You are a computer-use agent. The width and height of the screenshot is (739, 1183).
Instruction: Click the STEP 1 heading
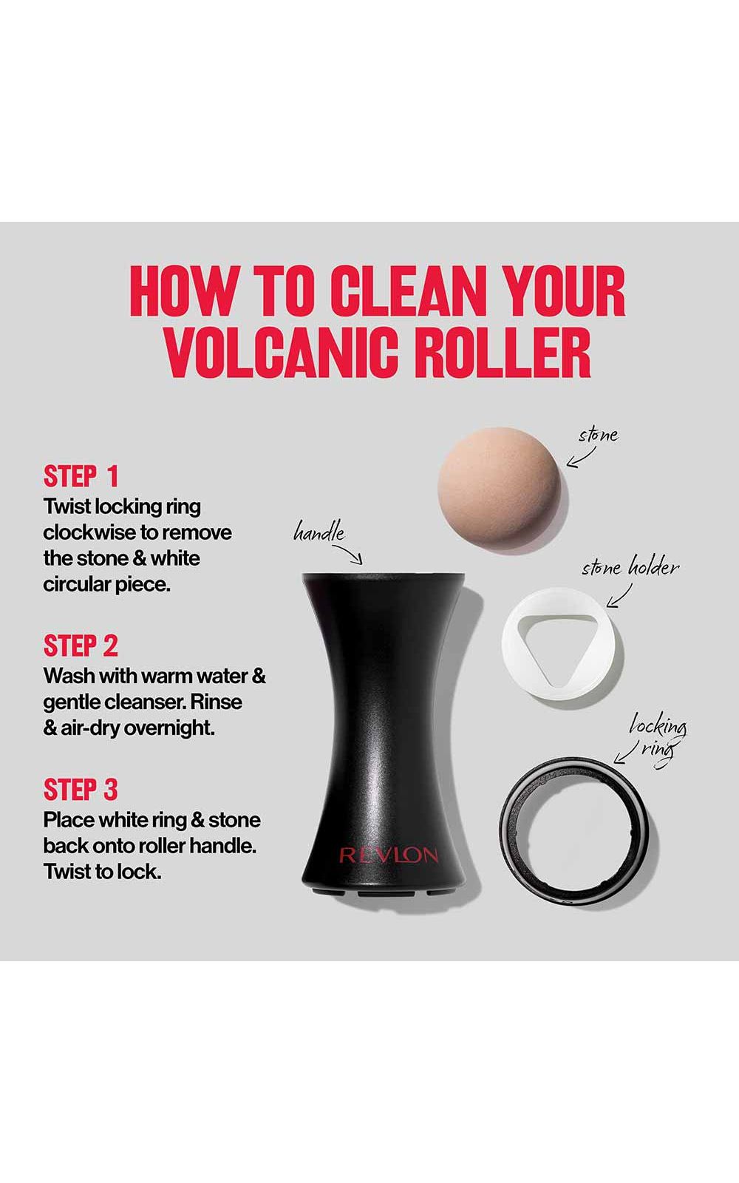click(x=81, y=476)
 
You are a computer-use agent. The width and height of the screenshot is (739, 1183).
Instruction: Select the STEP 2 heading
click(x=81, y=645)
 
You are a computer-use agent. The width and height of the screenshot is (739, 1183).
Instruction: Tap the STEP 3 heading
click(x=81, y=790)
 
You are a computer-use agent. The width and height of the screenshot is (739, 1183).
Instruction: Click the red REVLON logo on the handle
click(x=389, y=855)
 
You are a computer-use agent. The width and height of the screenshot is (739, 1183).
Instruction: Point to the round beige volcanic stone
click(x=502, y=491)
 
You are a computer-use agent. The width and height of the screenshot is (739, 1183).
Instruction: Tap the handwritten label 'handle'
click(x=319, y=532)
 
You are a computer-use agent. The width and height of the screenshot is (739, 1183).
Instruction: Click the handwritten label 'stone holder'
click(x=630, y=568)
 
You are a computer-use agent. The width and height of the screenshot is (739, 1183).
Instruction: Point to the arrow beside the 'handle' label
click(x=348, y=554)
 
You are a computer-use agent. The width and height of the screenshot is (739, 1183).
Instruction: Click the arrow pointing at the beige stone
click(x=581, y=458)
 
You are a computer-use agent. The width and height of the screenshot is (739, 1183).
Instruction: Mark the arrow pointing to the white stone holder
click(x=619, y=596)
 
